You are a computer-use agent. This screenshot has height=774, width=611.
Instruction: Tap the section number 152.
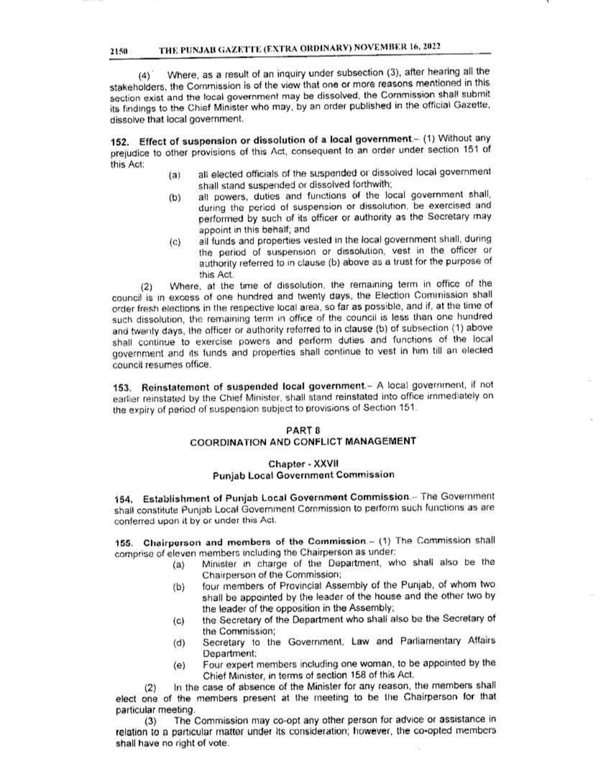tap(119, 140)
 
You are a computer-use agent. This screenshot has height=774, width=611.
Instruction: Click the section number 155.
tap(123, 542)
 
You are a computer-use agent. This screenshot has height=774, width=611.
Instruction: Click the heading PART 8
tap(303, 430)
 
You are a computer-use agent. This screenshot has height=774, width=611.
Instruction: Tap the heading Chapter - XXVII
tap(304, 464)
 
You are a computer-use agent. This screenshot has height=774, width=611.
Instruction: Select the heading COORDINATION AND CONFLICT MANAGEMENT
tap(303, 442)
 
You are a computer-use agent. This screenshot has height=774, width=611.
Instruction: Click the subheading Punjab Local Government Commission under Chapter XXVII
tap(304, 475)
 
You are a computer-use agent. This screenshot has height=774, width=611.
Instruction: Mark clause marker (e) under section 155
tap(179, 666)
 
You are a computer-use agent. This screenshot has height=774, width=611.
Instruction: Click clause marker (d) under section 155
tap(179, 643)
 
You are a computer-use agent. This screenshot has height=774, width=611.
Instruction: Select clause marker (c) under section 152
tap(175, 243)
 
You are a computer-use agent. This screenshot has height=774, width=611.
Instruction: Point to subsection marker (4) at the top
tap(145, 75)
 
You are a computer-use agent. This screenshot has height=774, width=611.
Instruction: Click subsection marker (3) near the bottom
tap(150, 721)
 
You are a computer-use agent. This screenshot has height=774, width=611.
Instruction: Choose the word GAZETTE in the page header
tap(241, 49)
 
